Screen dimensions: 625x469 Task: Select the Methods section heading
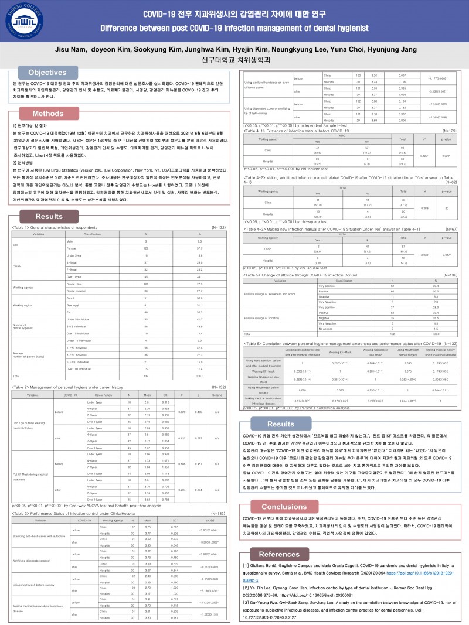tap(47, 113)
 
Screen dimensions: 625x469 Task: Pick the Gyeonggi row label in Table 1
tap(73, 305)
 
